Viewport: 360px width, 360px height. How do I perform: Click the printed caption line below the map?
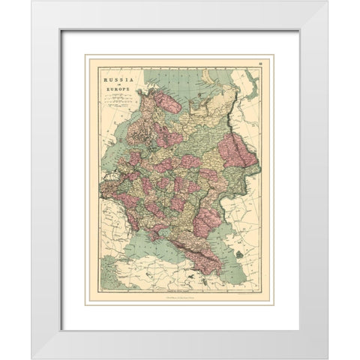[x=179, y=298]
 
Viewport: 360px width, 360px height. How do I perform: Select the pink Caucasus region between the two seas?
[x=202, y=259]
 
